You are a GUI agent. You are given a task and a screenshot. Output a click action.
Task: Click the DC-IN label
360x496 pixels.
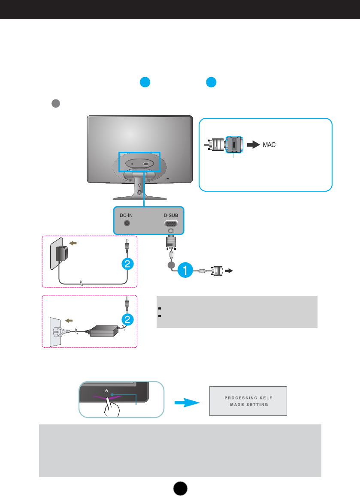pyautogui.click(x=126, y=215)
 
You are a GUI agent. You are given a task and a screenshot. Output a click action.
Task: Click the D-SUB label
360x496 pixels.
pyautogui.click(x=171, y=215)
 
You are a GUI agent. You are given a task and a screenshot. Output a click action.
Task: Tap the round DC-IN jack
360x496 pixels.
pyautogui.click(x=127, y=223)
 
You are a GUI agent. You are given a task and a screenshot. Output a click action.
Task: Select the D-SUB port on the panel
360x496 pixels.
pyautogui.click(x=171, y=223)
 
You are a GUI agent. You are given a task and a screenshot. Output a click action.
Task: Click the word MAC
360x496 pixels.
pyautogui.click(x=269, y=145)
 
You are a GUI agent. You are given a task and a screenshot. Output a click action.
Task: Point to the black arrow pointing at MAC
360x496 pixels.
pyautogui.click(x=253, y=144)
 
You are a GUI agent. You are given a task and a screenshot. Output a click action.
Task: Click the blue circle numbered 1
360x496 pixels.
pyautogui.click(x=185, y=270)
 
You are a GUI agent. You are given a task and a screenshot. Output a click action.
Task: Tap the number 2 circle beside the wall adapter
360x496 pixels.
pyautogui.click(x=127, y=264)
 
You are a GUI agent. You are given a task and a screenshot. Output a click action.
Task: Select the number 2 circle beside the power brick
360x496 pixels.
pyautogui.click(x=127, y=319)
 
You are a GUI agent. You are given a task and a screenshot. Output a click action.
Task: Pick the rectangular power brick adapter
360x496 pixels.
pyautogui.click(x=104, y=331)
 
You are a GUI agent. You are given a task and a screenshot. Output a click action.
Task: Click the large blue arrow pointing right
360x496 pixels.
pyautogui.click(x=187, y=403)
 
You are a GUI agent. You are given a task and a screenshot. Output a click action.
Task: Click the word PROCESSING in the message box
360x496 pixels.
pyautogui.click(x=240, y=398)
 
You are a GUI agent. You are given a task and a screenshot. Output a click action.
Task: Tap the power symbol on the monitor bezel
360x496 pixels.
pyautogui.click(x=106, y=391)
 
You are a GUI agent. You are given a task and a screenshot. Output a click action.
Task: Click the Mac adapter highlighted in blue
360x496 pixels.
pyautogui.click(x=234, y=144)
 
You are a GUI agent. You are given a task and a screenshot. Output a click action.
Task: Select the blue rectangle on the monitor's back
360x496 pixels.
pyautogui.click(x=139, y=162)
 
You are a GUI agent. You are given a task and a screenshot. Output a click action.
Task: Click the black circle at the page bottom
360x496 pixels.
pyautogui.click(x=180, y=488)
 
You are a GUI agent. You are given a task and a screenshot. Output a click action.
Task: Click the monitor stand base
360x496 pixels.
pyautogui.click(x=139, y=198)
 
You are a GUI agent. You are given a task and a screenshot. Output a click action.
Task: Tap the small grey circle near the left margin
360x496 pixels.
pyautogui.click(x=56, y=103)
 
